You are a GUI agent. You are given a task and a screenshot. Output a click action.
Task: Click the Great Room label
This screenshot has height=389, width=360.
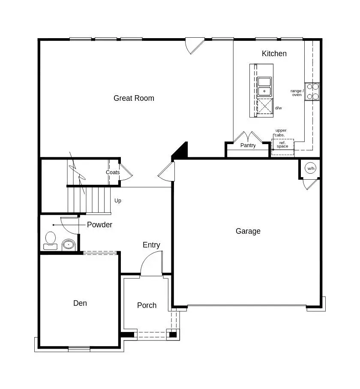134,98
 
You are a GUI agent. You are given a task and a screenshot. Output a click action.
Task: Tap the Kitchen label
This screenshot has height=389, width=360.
274,54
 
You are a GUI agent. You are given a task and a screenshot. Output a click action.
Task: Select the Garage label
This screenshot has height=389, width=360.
248,231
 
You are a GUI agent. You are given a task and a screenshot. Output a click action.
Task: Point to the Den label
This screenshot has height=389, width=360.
80,303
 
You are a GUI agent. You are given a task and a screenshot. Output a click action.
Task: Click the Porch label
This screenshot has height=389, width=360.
147,305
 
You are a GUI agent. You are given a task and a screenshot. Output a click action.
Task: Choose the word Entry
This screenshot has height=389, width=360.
151,245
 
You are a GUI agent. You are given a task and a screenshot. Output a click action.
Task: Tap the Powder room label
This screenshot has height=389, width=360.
99,225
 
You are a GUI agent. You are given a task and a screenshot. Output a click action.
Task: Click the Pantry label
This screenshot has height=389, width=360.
248,145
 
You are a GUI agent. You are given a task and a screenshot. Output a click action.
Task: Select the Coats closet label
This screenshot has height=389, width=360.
113,172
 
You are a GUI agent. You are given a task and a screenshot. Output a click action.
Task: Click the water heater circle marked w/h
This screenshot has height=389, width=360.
311,169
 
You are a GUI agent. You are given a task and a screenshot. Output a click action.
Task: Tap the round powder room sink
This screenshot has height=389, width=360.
68,245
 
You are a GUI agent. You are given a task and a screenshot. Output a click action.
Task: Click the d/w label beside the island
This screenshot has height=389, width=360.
279,108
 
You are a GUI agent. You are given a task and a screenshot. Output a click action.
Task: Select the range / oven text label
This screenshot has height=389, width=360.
297,93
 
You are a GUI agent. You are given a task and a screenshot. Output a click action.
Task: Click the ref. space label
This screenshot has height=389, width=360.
282,145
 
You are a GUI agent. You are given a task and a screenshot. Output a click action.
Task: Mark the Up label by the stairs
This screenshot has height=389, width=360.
117,201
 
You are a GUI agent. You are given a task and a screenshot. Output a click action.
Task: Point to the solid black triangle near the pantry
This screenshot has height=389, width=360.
182,150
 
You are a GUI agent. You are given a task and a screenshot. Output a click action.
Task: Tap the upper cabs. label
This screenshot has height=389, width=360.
281,133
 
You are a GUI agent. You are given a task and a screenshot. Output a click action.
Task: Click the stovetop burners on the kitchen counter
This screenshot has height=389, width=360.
312,91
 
